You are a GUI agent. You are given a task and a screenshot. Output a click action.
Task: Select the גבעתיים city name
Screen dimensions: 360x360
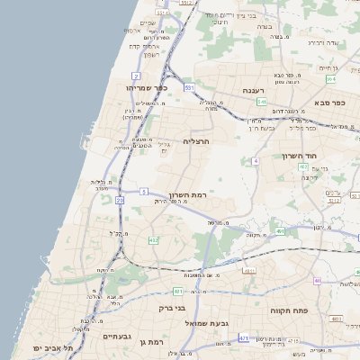118,337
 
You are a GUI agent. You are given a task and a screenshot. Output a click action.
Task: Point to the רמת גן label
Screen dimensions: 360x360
155,343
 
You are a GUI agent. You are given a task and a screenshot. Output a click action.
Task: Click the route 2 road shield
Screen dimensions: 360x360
135,76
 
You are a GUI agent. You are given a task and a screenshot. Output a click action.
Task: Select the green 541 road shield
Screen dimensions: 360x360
262,103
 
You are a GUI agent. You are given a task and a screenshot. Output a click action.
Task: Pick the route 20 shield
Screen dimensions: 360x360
120,201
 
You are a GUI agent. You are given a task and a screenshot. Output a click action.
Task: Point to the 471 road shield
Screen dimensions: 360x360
244,337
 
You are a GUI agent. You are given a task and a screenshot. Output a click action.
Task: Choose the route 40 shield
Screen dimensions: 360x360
317,281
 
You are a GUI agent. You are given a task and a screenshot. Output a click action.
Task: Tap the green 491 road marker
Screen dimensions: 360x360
281,231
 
